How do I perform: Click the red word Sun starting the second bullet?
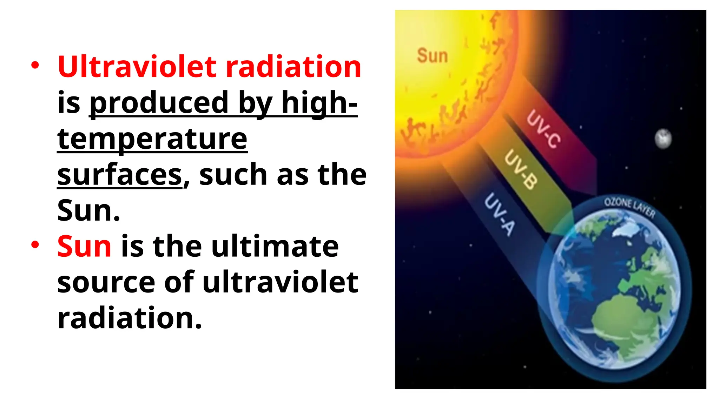click(84, 247)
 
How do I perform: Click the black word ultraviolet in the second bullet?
click(280, 282)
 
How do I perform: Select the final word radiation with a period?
click(130, 318)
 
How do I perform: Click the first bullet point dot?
click(35, 65)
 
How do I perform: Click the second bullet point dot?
click(35, 245)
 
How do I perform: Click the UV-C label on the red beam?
click(543, 129)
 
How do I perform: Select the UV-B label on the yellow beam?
click(521, 169)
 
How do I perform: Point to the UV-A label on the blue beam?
click(500, 214)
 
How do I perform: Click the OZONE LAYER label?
click(629, 207)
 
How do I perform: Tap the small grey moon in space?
click(663, 139)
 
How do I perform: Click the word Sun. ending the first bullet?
click(89, 211)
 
